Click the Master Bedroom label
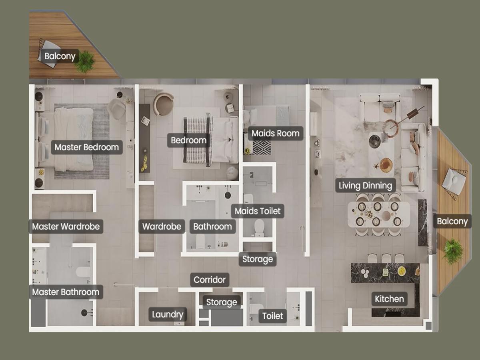[x=87, y=147]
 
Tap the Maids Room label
[x=276, y=133]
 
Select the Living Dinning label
[x=366, y=186]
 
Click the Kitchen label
[x=390, y=299]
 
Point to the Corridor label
[x=210, y=280]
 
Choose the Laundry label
[x=168, y=314]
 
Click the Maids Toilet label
[x=258, y=211]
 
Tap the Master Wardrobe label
[x=66, y=226]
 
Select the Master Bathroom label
[x=66, y=292]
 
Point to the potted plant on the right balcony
[x=453, y=251]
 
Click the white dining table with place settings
[x=378, y=214]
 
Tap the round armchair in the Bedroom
[x=163, y=104]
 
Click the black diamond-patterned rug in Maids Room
[x=262, y=148]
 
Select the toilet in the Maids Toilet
[x=259, y=228]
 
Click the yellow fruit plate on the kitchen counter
[x=402, y=271]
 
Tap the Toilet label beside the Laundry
[x=272, y=316]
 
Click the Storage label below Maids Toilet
[x=258, y=259]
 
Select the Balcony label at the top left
[x=60, y=56]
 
